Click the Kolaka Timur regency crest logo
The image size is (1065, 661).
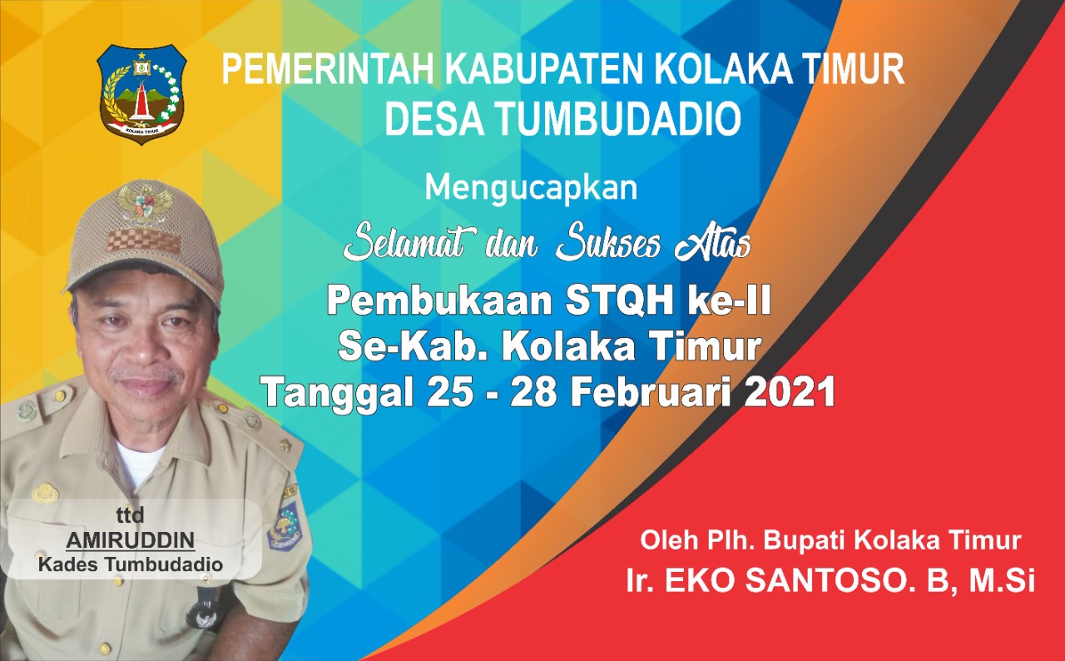141,95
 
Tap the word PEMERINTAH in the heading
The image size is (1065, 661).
329,70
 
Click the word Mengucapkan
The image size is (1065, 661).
531,188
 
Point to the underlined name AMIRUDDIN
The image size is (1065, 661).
131,540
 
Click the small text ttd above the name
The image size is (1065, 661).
130,515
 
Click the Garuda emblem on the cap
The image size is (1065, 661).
142,203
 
